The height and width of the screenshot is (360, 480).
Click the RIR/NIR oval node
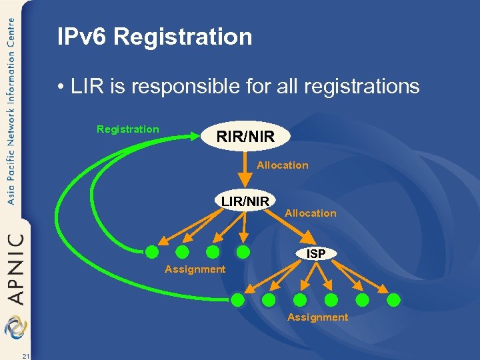point(245,137)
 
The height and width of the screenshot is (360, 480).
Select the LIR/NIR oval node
point(245,200)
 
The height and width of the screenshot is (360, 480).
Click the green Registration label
point(128,129)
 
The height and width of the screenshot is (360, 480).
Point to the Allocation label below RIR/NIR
point(283,165)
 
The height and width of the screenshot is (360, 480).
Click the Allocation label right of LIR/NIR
point(311,213)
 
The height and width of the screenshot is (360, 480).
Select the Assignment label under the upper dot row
point(195,269)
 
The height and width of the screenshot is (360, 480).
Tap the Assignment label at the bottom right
point(317,317)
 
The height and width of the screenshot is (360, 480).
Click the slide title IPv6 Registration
point(155,37)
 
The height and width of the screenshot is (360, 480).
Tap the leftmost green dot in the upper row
point(153,252)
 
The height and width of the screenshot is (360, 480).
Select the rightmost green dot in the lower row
point(394,299)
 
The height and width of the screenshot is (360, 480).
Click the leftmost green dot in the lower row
point(239,300)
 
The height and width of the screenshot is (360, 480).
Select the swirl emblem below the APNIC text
point(15,327)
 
